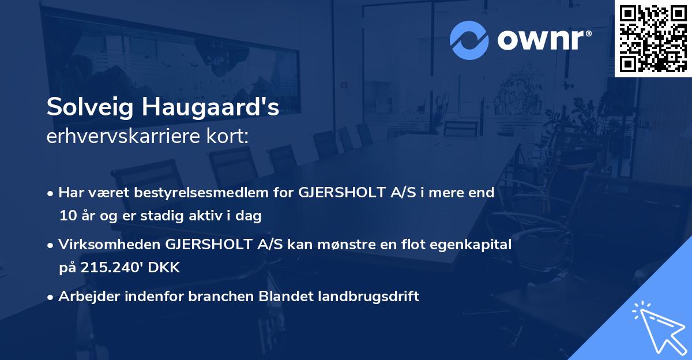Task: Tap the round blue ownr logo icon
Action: pyautogui.click(x=469, y=40)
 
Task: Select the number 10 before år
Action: pyautogui.click(x=66, y=216)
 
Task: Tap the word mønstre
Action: pyautogui.click(x=351, y=244)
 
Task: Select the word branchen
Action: pyautogui.click(x=220, y=297)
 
